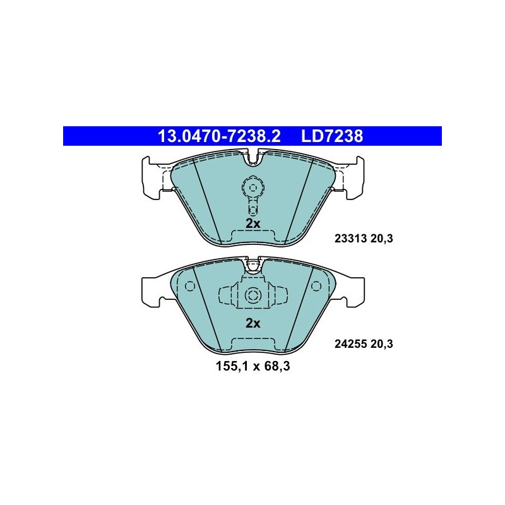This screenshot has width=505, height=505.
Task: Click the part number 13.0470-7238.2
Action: click(x=219, y=136)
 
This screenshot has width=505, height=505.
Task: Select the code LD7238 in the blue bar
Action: click(x=332, y=136)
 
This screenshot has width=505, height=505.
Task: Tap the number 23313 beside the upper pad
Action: click(x=351, y=239)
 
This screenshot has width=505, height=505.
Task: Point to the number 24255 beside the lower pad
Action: click(x=351, y=344)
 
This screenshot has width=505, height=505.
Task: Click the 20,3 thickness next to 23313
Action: click(x=382, y=239)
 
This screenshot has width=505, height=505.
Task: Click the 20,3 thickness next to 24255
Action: click(x=382, y=344)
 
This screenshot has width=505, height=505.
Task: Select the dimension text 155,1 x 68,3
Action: click(x=253, y=366)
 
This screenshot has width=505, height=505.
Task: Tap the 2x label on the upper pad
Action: click(x=253, y=223)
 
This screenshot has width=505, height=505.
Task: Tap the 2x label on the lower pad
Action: click(x=253, y=323)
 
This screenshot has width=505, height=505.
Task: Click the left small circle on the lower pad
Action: click(x=190, y=286)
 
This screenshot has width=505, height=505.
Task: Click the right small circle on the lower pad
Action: click(x=316, y=286)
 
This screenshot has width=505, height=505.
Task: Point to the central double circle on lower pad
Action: click(x=253, y=295)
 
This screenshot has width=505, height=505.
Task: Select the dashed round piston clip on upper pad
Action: click(x=253, y=187)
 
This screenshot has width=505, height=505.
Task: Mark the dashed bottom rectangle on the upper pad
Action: click(x=253, y=237)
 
